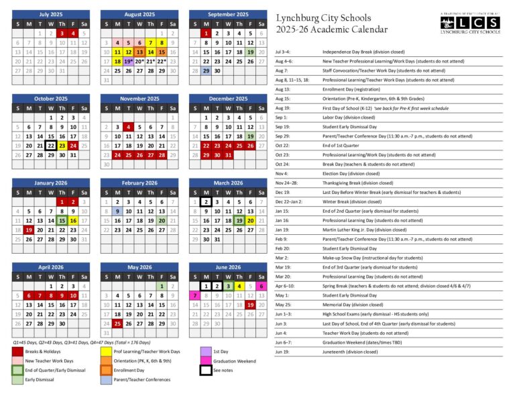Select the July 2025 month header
[51, 14]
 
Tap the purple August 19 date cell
[127, 60]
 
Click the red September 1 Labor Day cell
[207, 33]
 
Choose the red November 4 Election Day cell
[127, 126]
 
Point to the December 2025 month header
[227, 98]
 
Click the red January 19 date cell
[29, 230]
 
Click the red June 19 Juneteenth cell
[250, 305]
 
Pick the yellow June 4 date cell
[239, 286]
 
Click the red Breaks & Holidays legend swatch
[18, 351]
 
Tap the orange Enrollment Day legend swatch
[106, 370]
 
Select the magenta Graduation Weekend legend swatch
[206, 360]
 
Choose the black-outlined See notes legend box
[206, 370]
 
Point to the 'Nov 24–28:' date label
[286, 183]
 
